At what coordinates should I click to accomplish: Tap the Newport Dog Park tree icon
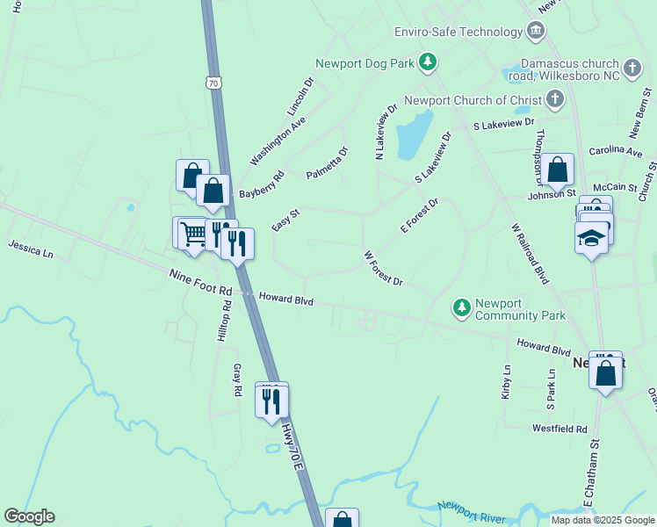point(428,62)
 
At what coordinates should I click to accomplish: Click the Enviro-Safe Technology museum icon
point(536,32)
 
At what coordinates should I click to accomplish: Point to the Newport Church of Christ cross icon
point(554,100)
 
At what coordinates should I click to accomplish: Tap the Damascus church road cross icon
point(632,68)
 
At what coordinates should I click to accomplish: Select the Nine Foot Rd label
point(200,282)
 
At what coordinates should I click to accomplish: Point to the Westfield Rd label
point(560,429)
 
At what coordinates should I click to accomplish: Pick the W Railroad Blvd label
point(530,253)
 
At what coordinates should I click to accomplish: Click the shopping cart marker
point(192,233)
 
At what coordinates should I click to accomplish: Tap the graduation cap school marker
point(592,237)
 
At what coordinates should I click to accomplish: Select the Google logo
point(29,516)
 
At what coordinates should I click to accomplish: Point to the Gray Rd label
point(237,379)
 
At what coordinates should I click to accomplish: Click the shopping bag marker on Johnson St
point(557,170)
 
